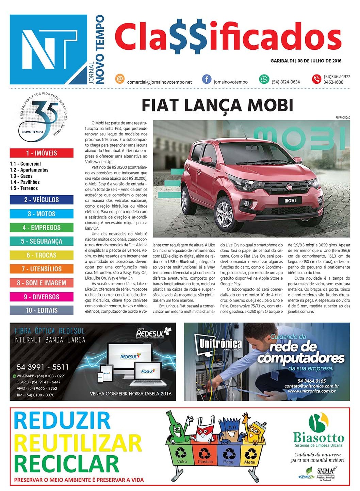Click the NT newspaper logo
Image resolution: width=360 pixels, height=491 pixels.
click(48, 49)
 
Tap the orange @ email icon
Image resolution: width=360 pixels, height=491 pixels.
click(119, 79)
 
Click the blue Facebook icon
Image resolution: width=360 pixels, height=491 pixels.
click(207, 79)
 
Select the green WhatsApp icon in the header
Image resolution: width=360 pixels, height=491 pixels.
click(264, 79)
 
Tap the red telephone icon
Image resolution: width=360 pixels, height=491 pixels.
click(316, 79)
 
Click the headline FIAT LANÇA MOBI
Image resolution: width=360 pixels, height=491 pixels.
click(217, 105)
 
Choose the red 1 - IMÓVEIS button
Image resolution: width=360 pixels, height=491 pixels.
click(42, 153)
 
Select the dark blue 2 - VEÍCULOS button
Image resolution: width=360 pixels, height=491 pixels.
click(42, 200)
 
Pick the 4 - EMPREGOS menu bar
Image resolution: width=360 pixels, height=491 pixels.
click(42, 228)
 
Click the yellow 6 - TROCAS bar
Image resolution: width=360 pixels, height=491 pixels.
click(42, 255)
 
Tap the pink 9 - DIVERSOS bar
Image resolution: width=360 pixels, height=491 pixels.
click(42, 297)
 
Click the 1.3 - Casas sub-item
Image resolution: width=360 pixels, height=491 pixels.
click(21, 176)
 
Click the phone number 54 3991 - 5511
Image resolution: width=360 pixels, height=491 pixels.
click(43, 367)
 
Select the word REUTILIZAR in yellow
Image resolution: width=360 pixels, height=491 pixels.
click(78, 443)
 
